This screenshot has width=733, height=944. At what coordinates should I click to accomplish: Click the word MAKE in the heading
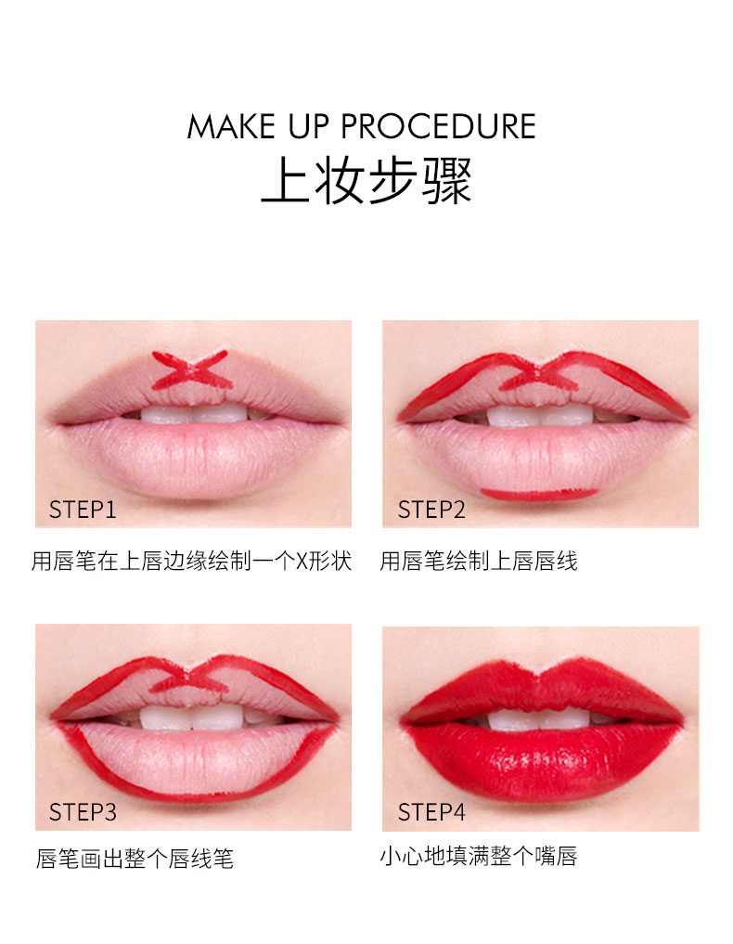click(x=231, y=126)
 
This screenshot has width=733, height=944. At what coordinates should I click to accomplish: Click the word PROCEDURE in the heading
click(x=438, y=126)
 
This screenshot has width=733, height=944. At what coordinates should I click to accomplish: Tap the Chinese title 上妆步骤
click(x=366, y=180)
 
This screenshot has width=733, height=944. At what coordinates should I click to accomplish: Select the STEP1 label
click(x=83, y=510)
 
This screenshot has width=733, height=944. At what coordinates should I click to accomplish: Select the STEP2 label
click(x=431, y=510)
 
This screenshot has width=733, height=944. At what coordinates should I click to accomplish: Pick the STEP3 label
click(x=83, y=812)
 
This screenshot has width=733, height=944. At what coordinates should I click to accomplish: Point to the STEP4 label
click(x=431, y=812)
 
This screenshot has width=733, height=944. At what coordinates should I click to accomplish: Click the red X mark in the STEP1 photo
click(x=191, y=369)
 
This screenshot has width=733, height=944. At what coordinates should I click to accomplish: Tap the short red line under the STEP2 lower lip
click(x=539, y=494)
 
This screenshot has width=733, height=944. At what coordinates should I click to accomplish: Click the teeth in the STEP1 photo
click(x=194, y=414)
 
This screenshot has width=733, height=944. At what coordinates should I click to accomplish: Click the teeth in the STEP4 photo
click(x=540, y=718)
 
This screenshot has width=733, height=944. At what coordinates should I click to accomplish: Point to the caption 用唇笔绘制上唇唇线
click(x=479, y=561)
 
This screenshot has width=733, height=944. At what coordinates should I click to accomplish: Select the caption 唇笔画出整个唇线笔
click(x=135, y=859)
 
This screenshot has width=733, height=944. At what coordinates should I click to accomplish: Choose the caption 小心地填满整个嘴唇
click(x=479, y=856)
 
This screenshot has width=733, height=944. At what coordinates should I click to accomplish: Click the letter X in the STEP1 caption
click(x=302, y=562)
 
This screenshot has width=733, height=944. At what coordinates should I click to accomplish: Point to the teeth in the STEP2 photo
click(x=540, y=416)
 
